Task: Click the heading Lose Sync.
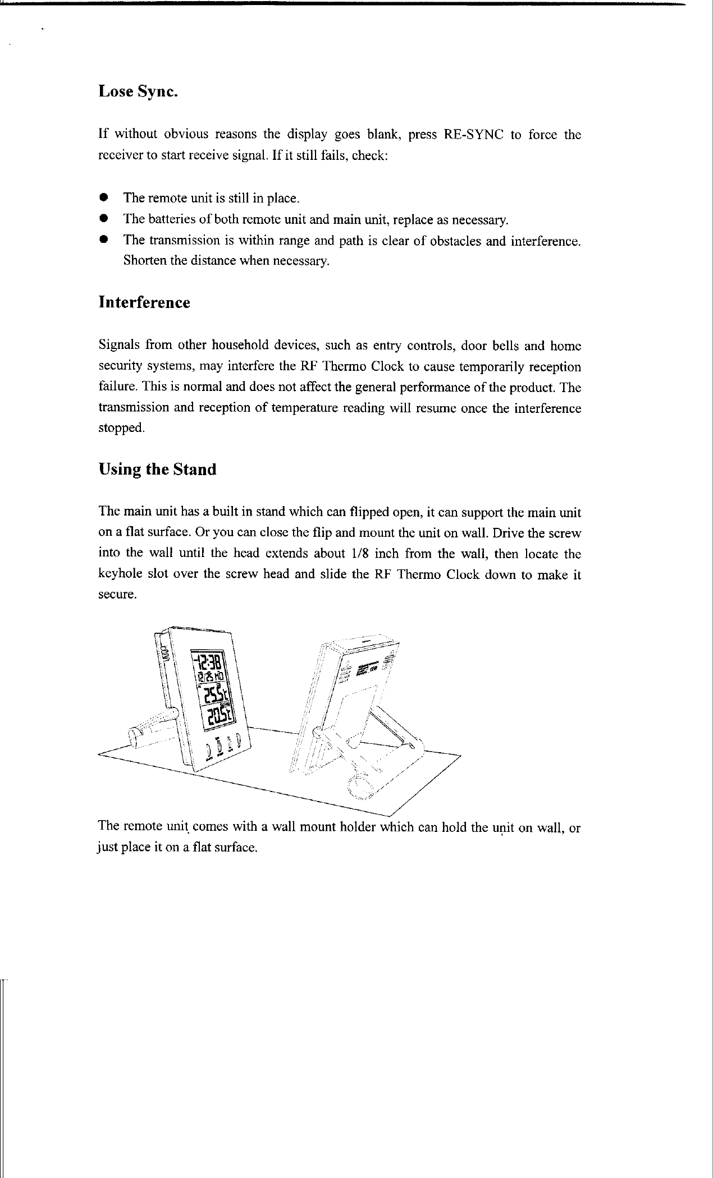(138, 91)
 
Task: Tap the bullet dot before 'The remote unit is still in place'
(103, 198)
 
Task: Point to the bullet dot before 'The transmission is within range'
(103, 240)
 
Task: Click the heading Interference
(144, 303)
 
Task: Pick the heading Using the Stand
(157, 469)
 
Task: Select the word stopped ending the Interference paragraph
(121, 429)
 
